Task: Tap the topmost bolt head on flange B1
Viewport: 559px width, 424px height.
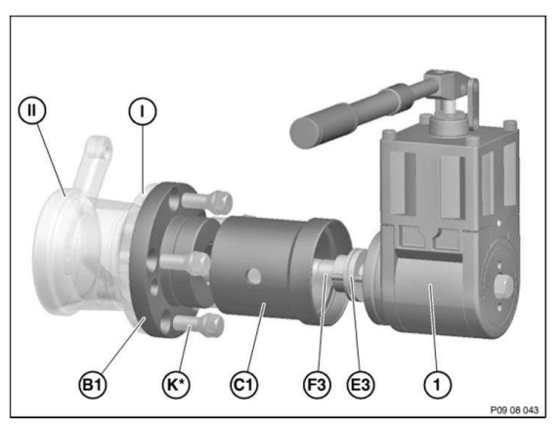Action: click(219, 199)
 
